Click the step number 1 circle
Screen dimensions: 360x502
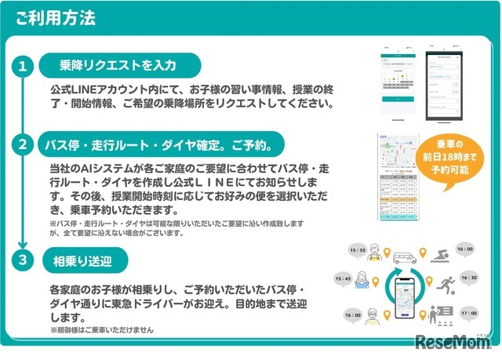point(23,67)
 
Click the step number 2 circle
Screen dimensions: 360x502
point(23,144)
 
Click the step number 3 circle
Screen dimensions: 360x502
point(23,258)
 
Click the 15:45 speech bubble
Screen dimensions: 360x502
point(343,278)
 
